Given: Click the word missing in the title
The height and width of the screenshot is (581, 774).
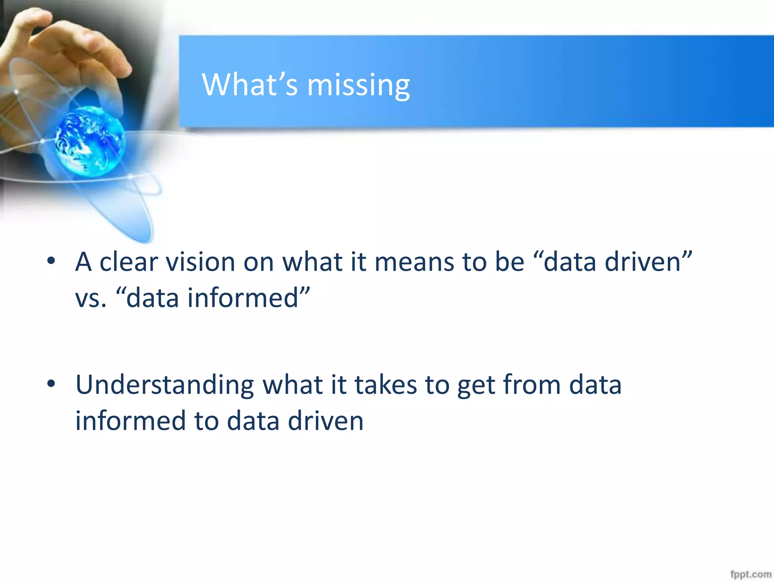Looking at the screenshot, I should pyautogui.click(x=358, y=85).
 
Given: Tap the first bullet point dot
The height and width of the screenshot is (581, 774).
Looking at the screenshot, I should pyautogui.click(x=51, y=261).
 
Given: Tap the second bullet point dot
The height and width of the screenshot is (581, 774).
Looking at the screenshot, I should pyautogui.click(x=51, y=384).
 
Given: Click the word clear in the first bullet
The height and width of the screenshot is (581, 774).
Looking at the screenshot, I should pyautogui.click(x=128, y=262).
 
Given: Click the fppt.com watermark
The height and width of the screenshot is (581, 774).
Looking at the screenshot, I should pyautogui.click(x=750, y=574).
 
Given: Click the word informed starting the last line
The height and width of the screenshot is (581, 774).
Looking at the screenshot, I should pyautogui.click(x=130, y=421).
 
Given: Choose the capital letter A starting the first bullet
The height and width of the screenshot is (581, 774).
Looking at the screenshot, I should pyautogui.click(x=84, y=262).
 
